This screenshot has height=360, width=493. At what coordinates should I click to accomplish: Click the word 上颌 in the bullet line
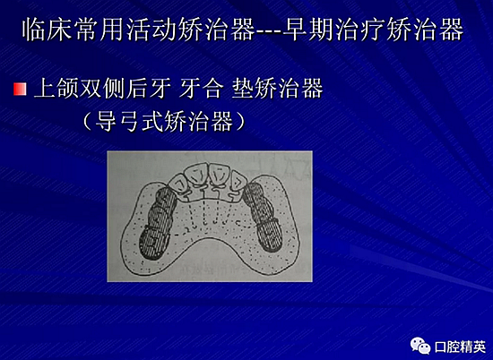(x=54, y=90)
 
